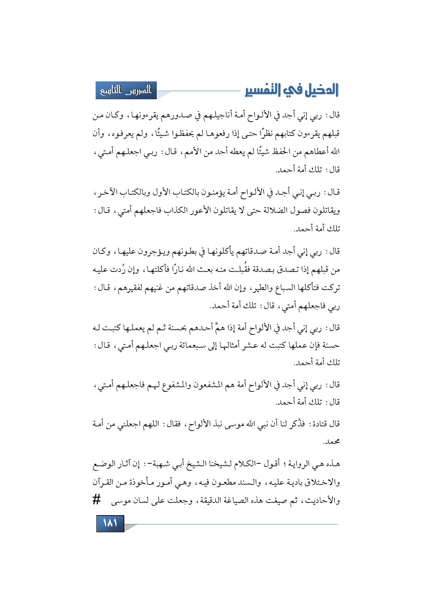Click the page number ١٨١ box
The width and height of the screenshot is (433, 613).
coord(110,523)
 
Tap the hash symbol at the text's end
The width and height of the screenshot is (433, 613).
coord(97,499)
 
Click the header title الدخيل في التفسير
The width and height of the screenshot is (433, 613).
coord(292,90)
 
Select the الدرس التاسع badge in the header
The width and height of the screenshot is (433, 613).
coord(126,91)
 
